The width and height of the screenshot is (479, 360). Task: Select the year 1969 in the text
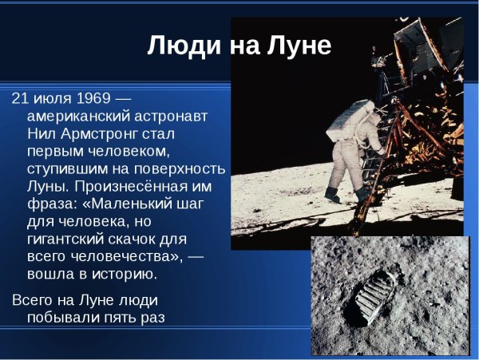[x=95, y=98]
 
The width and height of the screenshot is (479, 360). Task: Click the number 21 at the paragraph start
[x=20, y=98]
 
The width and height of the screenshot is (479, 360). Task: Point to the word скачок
[x=143, y=239]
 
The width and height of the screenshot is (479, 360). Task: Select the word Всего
[x=33, y=300]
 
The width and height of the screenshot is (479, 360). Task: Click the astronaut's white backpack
[x=346, y=118]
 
